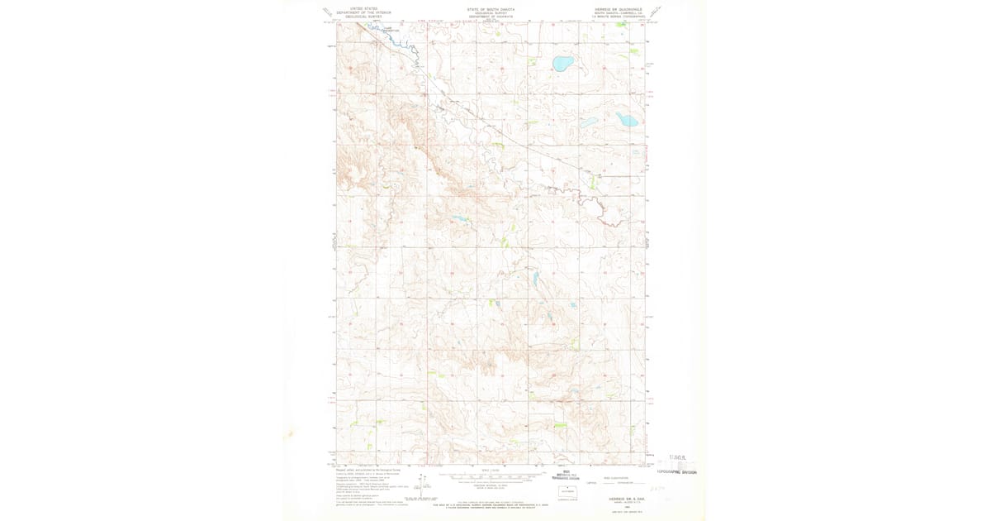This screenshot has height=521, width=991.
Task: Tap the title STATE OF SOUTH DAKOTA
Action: click(x=491, y=9)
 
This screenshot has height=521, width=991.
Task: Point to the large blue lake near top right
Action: click(x=562, y=63)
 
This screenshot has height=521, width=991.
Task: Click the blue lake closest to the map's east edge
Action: click(x=627, y=120)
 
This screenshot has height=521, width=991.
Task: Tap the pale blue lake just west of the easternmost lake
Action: click(x=589, y=122)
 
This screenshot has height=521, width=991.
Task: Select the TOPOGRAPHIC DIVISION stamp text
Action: click(x=676, y=472)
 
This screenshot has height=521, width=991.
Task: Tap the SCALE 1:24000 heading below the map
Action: click(x=491, y=470)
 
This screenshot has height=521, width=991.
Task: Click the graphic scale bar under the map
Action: click(x=491, y=477)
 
